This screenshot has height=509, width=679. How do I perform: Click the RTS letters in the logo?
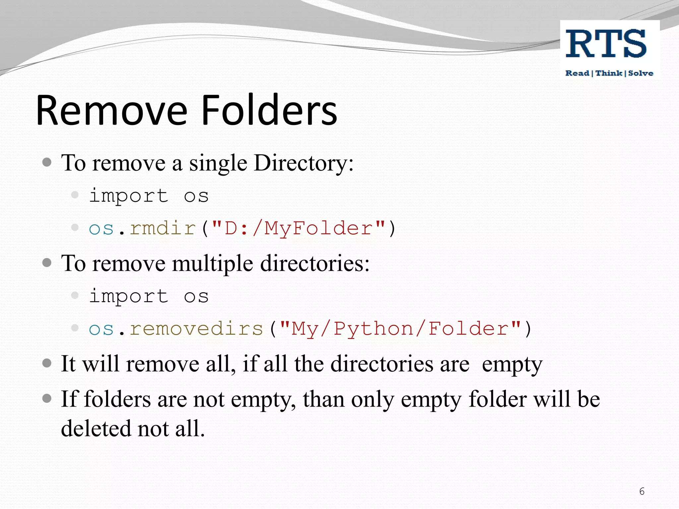(606, 44)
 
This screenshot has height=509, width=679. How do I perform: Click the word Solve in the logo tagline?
(641, 73)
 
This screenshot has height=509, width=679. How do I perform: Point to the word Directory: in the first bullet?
(303, 163)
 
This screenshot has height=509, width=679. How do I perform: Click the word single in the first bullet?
(218, 164)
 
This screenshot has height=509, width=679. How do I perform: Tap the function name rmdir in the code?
(163, 228)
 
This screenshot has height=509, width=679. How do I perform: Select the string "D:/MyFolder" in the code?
(298, 229)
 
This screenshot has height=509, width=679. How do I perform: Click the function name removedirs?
(196, 329)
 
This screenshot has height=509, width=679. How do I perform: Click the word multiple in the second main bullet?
(213, 264)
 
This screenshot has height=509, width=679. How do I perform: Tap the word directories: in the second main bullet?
(315, 264)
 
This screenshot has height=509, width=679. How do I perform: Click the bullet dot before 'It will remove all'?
(47, 363)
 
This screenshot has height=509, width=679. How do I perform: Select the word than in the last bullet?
(323, 399)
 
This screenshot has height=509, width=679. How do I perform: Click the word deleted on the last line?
(96, 428)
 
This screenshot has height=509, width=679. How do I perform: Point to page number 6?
(642, 491)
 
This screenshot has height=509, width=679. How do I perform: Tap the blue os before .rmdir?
(101, 229)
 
